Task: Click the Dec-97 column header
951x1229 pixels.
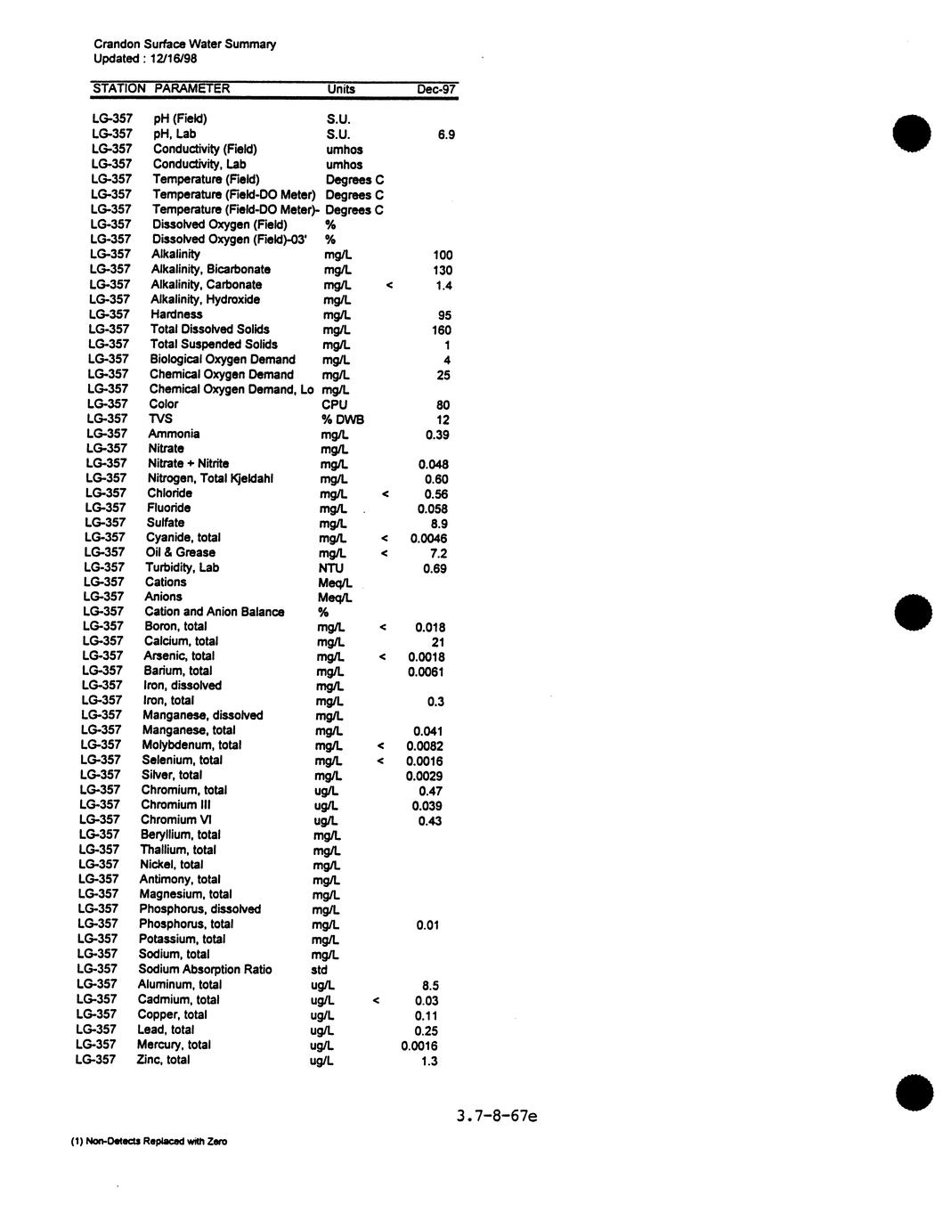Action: click(x=436, y=89)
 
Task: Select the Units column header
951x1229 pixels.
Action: click(x=341, y=89)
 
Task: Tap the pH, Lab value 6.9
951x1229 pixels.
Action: click(x=446, y=134)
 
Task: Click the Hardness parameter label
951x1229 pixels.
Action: click(x=176, y=314)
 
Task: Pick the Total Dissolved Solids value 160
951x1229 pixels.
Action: click(x=442, y=330)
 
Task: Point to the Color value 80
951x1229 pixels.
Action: click(x=443, y=405)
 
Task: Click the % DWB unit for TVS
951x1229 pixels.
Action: click(x=343, y=419)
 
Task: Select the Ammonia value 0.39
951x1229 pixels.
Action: click(x=437, y=435)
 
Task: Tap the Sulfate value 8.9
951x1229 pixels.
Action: click(x=439, y=525)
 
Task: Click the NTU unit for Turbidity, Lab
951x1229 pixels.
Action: click(x=331, y=568)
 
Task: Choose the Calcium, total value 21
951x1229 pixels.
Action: click(x=437, y=642)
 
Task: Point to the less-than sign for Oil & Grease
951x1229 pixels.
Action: click(x=384, y=554)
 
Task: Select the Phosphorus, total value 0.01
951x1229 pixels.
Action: click(x=427, y=925)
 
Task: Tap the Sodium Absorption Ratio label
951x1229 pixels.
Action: click(x=205, y=969)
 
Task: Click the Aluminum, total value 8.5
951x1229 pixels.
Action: click(x=430, y=986)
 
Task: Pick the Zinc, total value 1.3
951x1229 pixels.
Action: click(x=429, y=1061)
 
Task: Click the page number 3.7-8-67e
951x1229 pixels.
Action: click(x=497, y=1116)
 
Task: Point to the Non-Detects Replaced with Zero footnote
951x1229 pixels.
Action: click(x=149, y=1141)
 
